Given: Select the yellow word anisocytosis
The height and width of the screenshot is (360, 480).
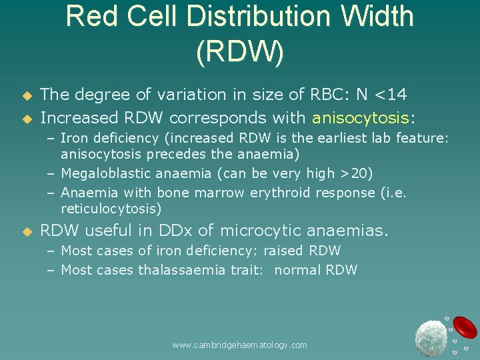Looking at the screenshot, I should [x=361, y=119].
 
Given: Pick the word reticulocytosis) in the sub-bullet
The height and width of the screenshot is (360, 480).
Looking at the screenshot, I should [x=111, y=209].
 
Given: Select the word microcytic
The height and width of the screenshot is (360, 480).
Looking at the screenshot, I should [x=264, y=231].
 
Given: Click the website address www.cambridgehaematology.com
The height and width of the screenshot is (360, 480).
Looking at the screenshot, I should [x=239, y=345].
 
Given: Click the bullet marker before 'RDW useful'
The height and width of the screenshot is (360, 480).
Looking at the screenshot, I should [x=27, y=232].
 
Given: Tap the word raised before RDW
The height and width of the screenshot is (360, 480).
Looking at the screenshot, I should [x=283, y=251].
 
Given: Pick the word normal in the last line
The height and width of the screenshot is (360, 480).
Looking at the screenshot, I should [x=297, y=270].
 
